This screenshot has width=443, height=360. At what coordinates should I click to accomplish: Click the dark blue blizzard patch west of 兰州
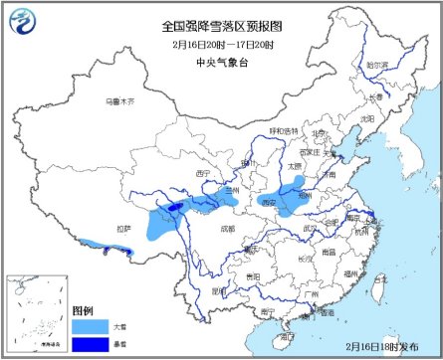(x=175, y=207)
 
